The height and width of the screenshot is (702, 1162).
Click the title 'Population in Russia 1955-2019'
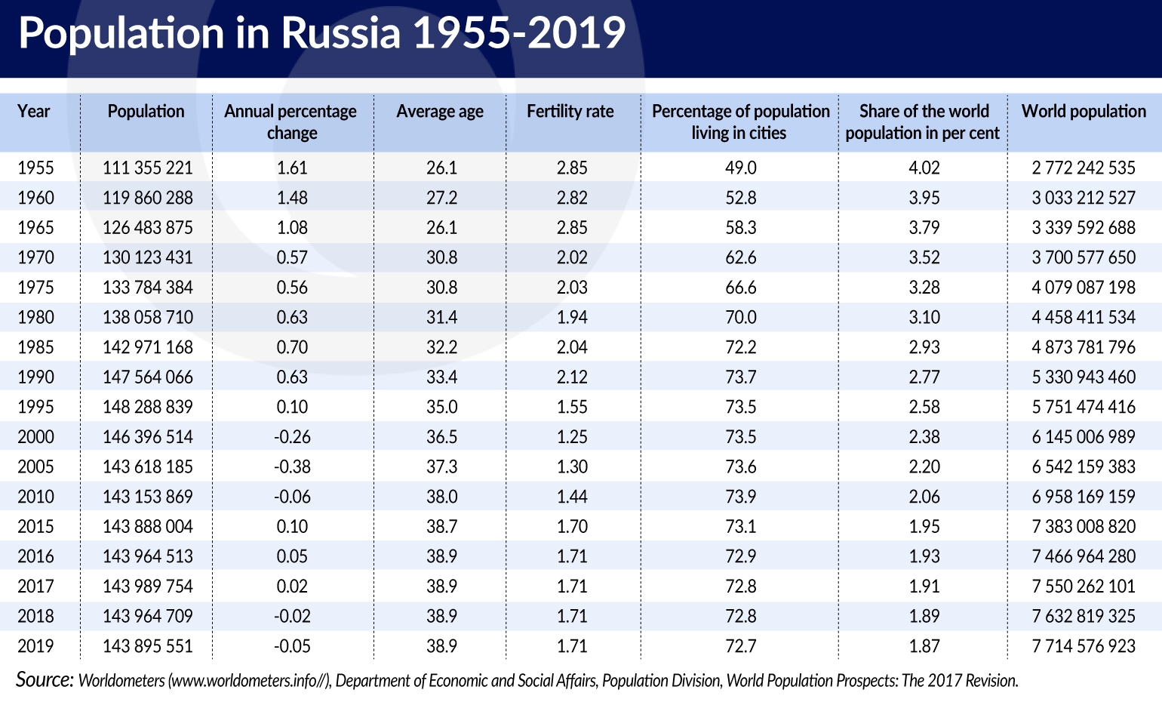pos(322,33)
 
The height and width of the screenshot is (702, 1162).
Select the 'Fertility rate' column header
pos(570,112)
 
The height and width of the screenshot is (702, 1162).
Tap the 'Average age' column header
pos(440,112)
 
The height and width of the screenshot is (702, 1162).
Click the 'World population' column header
pos(1084,112)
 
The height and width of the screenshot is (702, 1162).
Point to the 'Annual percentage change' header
pos(290,122)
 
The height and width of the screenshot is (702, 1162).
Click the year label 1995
pos(35,407)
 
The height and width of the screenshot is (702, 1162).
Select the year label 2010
pos(35,497)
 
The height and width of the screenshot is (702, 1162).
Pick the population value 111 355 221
pos(148,168)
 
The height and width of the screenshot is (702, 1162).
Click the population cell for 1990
pos(148,377)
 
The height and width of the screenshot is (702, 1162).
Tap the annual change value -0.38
pos(292,466)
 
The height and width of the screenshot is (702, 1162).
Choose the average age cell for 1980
pos(441,317)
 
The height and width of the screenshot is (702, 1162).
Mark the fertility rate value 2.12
pos(572,377)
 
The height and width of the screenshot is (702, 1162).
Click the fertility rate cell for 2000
pos(572,437)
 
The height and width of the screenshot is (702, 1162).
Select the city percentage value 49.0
pos(741,168)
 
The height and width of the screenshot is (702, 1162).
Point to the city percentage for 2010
pos(741,497)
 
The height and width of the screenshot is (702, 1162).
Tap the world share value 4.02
pos(924,168)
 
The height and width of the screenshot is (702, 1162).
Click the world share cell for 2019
pos(924,646)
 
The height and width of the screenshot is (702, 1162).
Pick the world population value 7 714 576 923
pos(1084,646)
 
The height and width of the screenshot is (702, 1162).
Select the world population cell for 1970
pos(1084,257)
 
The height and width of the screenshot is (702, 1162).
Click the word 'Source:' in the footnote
pos(45,679)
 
